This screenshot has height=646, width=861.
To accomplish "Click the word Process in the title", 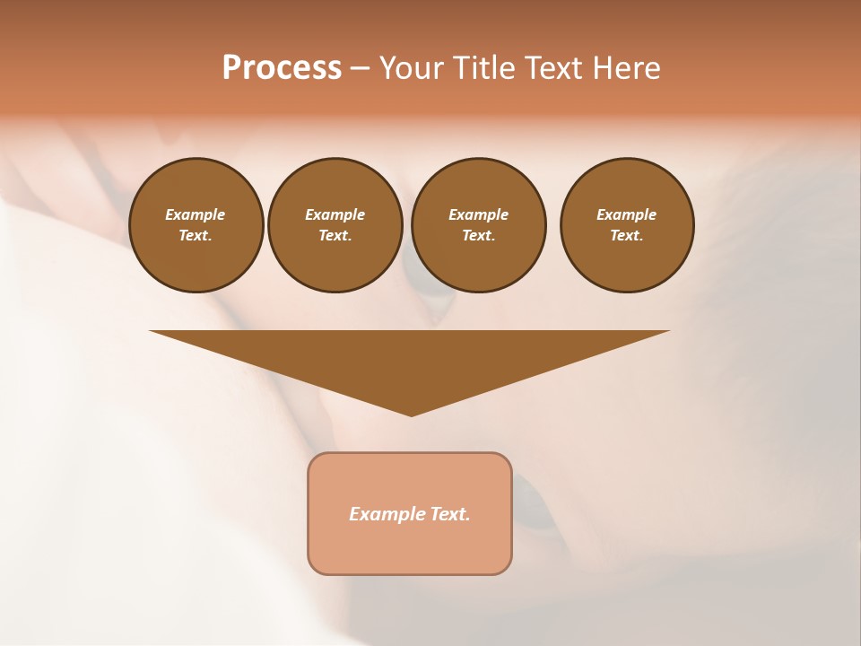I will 282,68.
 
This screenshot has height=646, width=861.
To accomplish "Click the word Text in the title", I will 554,68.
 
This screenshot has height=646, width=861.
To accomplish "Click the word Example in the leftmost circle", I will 196,214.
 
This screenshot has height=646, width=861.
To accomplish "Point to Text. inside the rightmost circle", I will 627,235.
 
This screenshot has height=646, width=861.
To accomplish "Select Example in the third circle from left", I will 478,214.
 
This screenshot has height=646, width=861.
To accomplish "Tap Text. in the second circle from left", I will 335,235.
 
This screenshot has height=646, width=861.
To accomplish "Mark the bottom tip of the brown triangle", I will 411,415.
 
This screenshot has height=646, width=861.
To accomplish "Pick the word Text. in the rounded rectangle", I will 450,514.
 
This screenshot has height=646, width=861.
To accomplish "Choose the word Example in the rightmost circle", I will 627,214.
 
